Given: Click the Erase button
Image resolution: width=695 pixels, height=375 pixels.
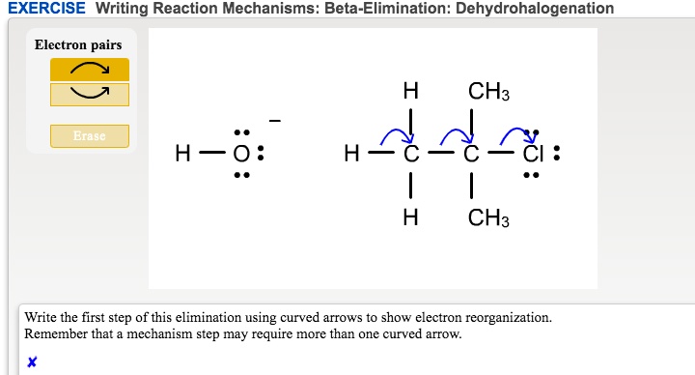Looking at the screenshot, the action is coord(89,136).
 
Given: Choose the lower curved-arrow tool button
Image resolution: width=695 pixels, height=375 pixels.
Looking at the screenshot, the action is coord(89,94).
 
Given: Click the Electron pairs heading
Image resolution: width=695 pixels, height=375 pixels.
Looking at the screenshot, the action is coord(78,44).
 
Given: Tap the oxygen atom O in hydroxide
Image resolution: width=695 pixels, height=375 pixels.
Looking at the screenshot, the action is coord(242,155).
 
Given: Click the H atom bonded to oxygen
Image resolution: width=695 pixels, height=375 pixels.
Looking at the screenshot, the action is coord(181,155).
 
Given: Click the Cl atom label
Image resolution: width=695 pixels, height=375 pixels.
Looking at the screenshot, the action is coord(531,155).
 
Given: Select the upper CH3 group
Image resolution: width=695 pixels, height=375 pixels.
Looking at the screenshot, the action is coord(487,93).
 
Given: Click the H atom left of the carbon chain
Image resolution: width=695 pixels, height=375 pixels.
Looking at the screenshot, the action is coord(352,155).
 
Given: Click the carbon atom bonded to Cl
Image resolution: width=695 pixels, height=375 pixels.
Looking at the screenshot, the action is coord(470,155).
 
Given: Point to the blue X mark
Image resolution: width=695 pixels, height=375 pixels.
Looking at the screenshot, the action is coord(32,362).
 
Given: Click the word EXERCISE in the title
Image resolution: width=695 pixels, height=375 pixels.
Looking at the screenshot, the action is coord(46,9).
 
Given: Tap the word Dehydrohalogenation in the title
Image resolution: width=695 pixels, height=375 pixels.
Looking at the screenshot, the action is coord(534,9).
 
